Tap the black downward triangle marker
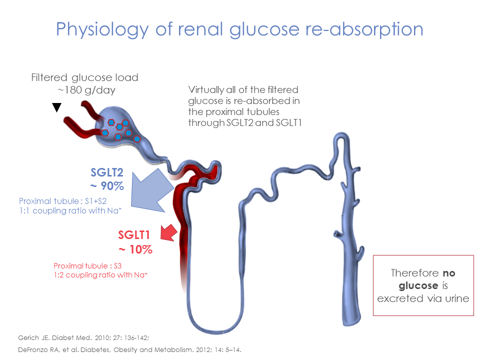[57, 107]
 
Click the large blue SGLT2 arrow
[152, 191]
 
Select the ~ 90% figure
[107, 187]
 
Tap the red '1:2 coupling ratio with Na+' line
[100, 275]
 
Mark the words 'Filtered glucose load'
[84, 78]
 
